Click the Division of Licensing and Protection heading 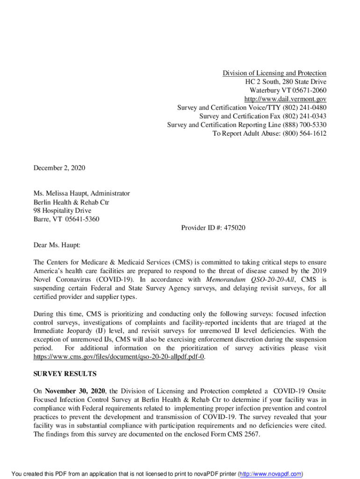pos(274,73)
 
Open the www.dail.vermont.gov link pos(285,99)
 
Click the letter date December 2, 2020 pos(59,167)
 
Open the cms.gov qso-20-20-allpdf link pos(119,357)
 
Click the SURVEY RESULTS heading pos(65,374)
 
